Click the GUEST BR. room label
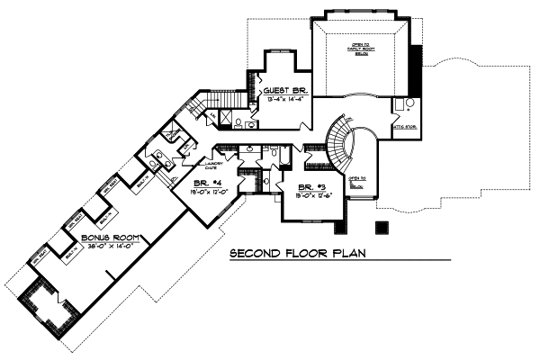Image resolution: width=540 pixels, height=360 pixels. (x=283, y=90)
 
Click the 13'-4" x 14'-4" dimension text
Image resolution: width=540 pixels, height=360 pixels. (x=283, y=99)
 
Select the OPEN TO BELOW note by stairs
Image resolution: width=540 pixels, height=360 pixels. (x=357, y=184)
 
